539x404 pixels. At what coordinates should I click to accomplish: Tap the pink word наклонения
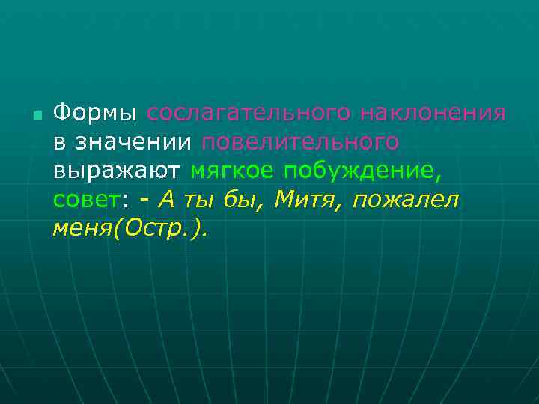(433, 113)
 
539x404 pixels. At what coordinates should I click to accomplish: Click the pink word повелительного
(299, 142)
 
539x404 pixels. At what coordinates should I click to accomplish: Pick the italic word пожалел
(405, 201)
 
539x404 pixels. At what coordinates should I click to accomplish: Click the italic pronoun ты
(207, 201)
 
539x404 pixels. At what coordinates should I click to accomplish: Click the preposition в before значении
(59, 142)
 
